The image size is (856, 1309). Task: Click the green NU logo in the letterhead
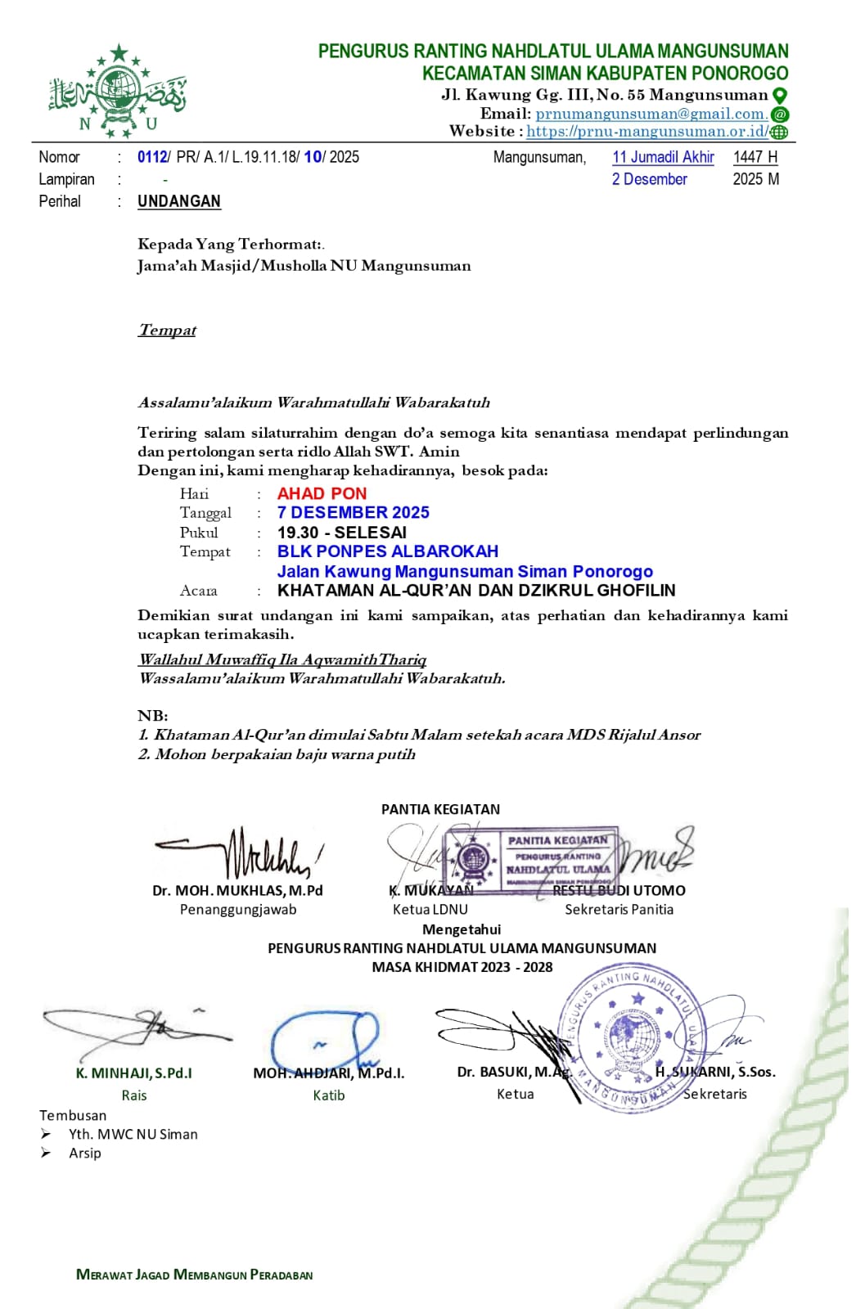pos(117,92)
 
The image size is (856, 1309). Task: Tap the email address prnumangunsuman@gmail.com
pos(651,114)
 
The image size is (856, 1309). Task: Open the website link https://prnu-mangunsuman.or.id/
pos(647,131)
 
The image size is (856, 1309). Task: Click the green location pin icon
pos(780,95)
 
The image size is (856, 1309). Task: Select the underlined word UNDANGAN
pos(178,201)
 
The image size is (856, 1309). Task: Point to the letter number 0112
pos(151,157)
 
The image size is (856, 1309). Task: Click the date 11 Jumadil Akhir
pos(663,157)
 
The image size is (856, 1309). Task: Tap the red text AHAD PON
pos(322,493)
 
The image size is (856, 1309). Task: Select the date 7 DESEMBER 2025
pos(353,513)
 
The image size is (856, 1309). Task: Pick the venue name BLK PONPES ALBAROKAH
pos(387,551)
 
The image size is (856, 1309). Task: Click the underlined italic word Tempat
pos(167,331)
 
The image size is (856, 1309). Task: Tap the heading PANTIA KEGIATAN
pos(440,809)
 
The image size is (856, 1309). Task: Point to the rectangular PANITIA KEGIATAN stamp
pos(530,858)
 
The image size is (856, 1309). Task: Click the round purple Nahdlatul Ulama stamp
pos(631,1035)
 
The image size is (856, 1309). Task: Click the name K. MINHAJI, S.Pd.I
pos(133,1073)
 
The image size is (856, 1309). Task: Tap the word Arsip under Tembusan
pos(85,1153)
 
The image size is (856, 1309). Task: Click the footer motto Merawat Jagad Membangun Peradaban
pos(194,1275)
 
